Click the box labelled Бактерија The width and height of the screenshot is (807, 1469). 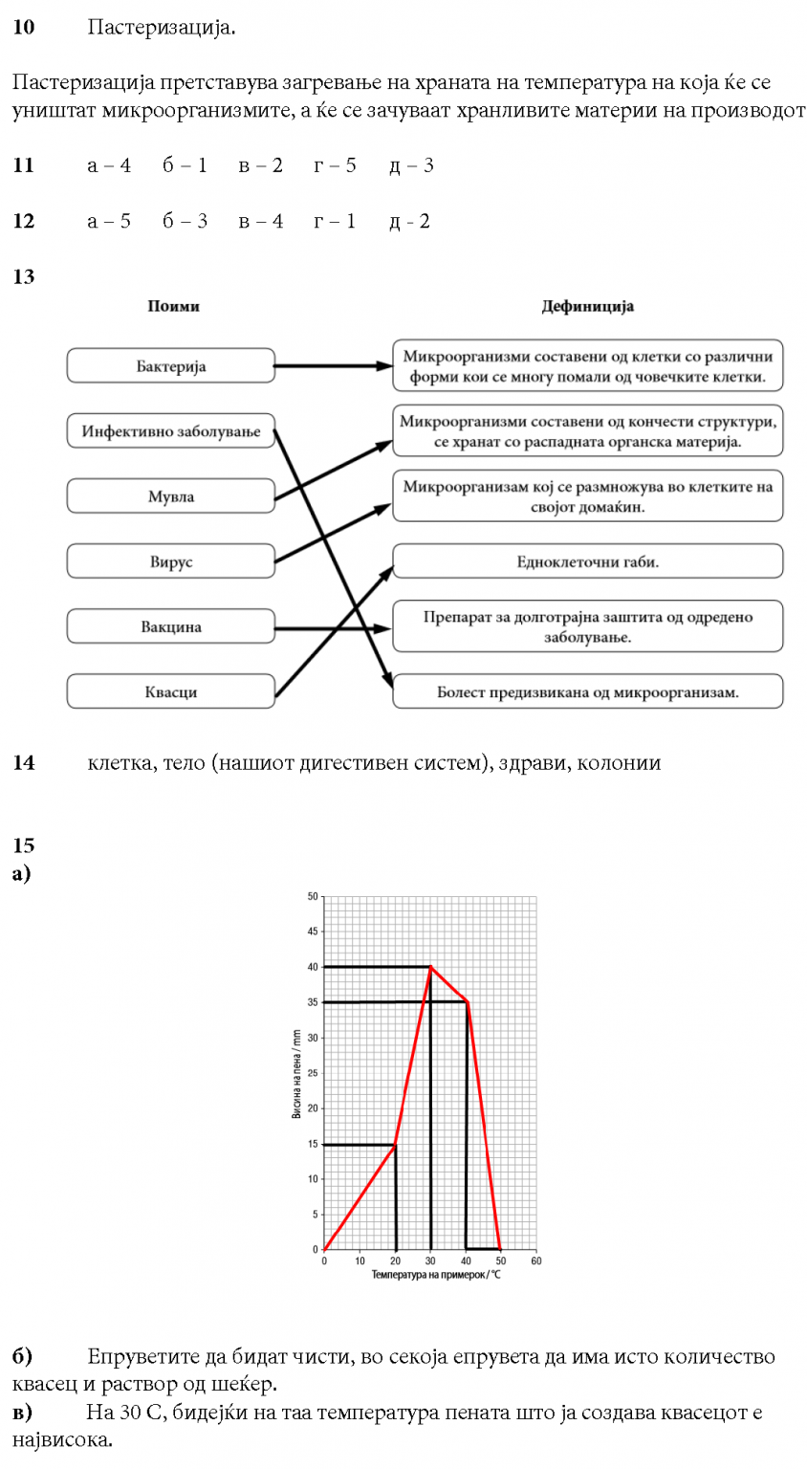pos(171,366)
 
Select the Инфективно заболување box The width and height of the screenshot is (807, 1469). pos(171,431)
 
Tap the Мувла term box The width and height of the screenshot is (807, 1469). pos(171,496)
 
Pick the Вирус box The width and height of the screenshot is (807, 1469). pos(171,561)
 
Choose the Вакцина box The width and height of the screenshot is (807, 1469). pos(171,626)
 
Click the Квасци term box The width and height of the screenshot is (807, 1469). pos(171,691)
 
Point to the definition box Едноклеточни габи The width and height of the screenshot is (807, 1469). pos(587,561)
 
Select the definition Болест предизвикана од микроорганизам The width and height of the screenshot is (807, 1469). pos(587,691)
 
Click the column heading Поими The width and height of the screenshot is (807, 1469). pos(174,306)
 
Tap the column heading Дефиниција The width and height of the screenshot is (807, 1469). pos(587,306)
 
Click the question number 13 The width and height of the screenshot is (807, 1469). pos(23,276)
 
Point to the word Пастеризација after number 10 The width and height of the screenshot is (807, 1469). pos(161,27)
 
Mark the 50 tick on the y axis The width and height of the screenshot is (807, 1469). pos(313,897)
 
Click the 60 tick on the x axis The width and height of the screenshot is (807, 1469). pos(536,1261)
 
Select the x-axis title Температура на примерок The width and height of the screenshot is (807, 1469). pos(436,1275)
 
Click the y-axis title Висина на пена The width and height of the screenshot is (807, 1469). pos(296,1073)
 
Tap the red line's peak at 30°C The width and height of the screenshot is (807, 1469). pos(430,967)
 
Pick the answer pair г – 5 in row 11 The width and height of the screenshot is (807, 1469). pos(335,165)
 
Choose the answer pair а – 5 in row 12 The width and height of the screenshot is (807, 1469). pos(109,221)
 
